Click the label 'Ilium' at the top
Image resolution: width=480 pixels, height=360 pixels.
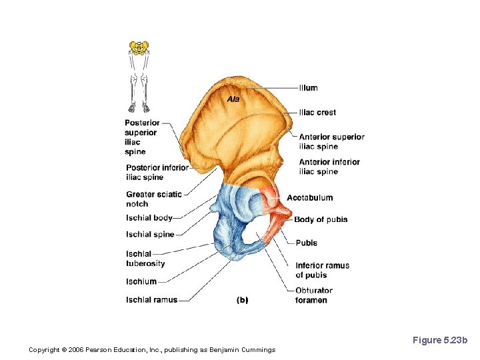click(308, 88)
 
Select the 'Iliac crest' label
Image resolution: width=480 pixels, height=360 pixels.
click(317, 113)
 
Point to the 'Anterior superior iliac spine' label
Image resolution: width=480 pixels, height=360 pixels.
click(331, 141)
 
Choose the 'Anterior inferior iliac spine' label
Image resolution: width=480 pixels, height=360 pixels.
click(329, 167)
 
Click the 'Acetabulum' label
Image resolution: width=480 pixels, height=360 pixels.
click(309, 198)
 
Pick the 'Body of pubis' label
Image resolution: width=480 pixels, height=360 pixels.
click(321, 219)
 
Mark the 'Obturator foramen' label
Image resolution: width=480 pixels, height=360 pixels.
click(313, 295)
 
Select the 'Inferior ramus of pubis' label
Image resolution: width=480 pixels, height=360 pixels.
click(322, 270)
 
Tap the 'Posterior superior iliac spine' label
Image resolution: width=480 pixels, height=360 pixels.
click(141, 137)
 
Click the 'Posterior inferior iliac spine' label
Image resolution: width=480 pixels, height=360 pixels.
click(157, 172)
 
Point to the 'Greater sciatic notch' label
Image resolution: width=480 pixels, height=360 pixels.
click(153, 199)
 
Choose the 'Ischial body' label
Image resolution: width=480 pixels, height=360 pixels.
click(149, 218)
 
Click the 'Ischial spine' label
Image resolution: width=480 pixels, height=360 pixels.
click(150, 234)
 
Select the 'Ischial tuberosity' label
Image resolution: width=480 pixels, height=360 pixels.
click(145, 259)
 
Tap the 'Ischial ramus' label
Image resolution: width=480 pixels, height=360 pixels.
click(151, 300)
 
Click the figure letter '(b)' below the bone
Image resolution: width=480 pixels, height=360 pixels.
click(242, 300)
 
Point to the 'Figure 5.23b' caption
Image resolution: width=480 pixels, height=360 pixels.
click(440, 341)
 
